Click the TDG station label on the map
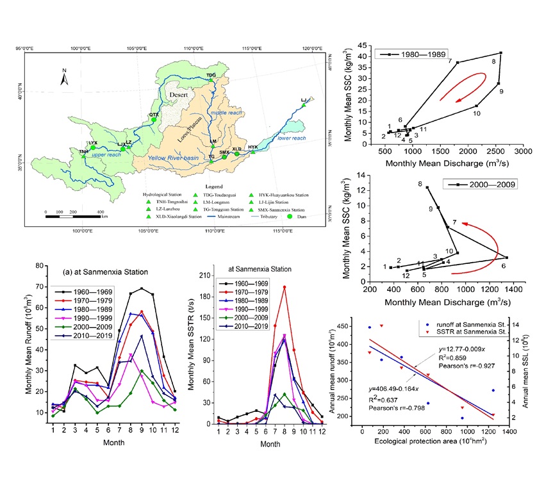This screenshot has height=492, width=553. [x=211, y=75]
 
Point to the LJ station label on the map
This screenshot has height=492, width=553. [x=304, y=100]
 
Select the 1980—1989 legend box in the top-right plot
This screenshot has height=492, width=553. [x=411, y=54]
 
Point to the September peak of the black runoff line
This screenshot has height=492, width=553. [x=142, y=288]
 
